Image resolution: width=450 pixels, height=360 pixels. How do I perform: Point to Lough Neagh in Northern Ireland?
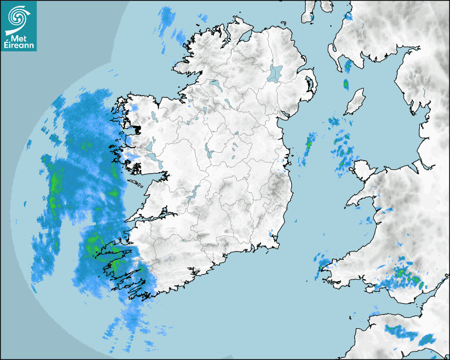coord(276,73)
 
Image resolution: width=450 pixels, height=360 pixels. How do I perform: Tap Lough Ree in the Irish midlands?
coord(209,153)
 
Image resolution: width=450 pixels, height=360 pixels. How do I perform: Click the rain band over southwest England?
coord(402,332)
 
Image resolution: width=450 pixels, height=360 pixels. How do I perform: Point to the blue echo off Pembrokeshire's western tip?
coord(321,260)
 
